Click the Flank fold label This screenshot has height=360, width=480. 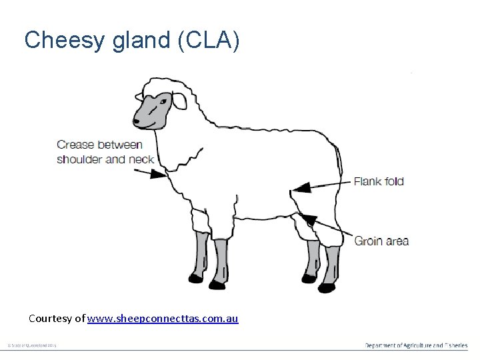[x=378, y=181]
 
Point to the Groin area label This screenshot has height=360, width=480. [x=381, y=241]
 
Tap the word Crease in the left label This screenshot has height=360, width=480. [x=74, y=144]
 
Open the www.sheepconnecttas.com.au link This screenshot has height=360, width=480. [x=162, y=319]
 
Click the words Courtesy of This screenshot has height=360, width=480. [x=57, y=319]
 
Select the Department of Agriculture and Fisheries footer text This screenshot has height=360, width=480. [x=416, y=345]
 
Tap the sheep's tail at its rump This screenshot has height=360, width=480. [x=341, y=160]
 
